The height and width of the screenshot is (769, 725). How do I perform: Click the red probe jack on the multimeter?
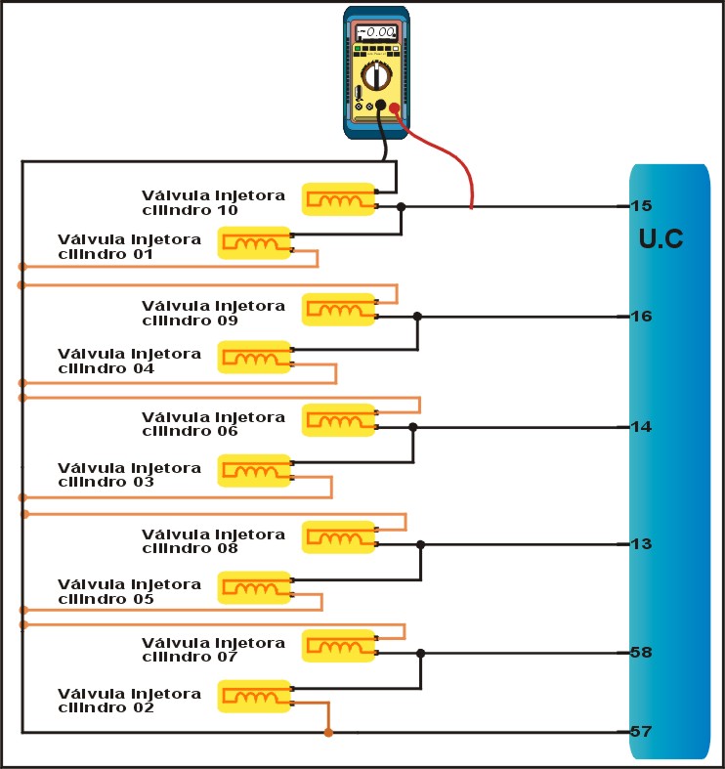point(394,108)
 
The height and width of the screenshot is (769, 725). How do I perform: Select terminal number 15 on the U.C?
point(641,206)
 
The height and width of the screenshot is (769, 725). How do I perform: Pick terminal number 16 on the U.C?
point(641,317)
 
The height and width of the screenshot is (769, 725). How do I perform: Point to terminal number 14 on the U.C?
point(641,427)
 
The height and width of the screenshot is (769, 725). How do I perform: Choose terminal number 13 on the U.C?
point(641,544)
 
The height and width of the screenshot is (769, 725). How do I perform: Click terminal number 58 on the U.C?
point(641,653)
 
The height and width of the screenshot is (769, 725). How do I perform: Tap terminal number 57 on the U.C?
point(641,732)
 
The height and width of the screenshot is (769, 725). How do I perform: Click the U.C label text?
point(661,238)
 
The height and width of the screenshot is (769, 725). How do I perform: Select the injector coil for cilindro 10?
point(338,200)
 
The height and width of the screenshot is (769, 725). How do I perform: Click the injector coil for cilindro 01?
point(254,243)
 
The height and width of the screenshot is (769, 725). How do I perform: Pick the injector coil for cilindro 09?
point(338,310)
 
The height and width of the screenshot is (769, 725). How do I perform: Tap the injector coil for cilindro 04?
point(254,358)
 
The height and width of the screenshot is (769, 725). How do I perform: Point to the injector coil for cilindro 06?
point(338,421)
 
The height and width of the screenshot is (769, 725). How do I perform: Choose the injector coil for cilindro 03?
point(254,471)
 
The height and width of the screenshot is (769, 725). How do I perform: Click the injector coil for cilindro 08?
point(338,538)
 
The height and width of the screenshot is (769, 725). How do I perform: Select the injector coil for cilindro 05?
point(254,588)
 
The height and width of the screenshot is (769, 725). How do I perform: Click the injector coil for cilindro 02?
point(254,697)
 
